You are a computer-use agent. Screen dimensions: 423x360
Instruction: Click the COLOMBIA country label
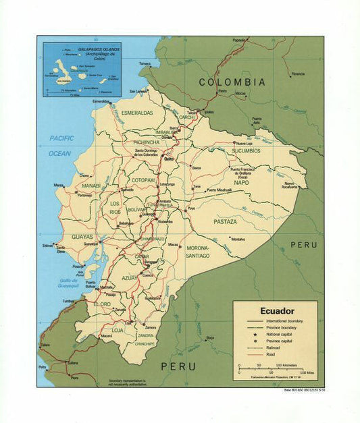point(232,82)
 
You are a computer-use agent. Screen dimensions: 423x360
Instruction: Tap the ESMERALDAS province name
point(137,113)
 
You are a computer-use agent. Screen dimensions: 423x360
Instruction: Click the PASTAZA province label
point(225,221)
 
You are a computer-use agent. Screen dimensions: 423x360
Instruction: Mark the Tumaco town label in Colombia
point(145,63)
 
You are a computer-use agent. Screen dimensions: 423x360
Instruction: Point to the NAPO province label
point(240,182)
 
